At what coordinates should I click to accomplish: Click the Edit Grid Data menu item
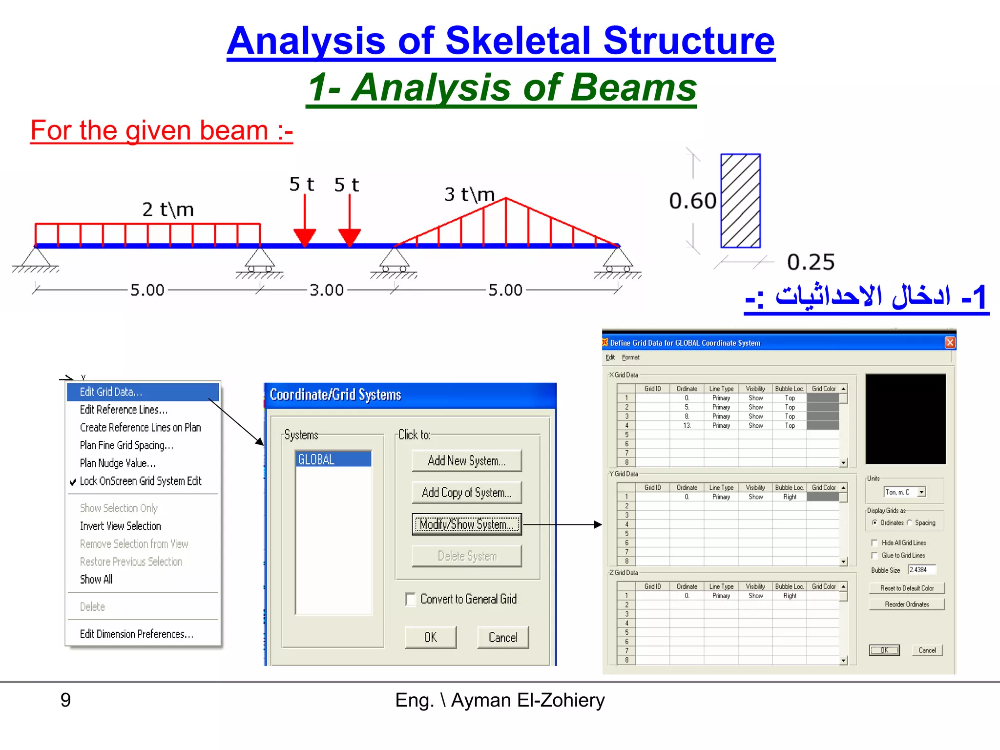coord(111,392)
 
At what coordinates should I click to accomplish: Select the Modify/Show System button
coord(466,524)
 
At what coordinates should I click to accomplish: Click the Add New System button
coord(466,461)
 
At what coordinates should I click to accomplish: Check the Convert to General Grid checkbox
coord(411,599)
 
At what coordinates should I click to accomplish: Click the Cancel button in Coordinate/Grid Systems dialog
coord(502,638)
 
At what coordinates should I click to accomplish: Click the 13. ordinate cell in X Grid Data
coord(687,426)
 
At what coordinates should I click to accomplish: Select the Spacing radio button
coord(910,522)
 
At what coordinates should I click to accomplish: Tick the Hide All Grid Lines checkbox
coord(875,543)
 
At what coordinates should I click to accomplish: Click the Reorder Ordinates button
coord(907,604)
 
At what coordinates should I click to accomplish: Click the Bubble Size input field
coord(921,570)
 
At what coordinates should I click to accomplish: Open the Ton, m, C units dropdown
coord(921,492)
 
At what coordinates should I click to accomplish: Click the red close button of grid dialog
coord(950,342)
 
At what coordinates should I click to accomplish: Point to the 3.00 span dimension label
coord(327,290)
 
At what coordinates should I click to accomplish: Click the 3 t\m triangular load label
coord(469,195)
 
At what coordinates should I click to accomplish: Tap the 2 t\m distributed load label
coord(168,210)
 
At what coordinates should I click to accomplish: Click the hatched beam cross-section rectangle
coord(740,201)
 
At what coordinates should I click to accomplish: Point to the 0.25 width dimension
coord(811,262)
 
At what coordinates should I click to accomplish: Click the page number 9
coord(65,700)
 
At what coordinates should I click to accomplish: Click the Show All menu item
coord(96,580)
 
